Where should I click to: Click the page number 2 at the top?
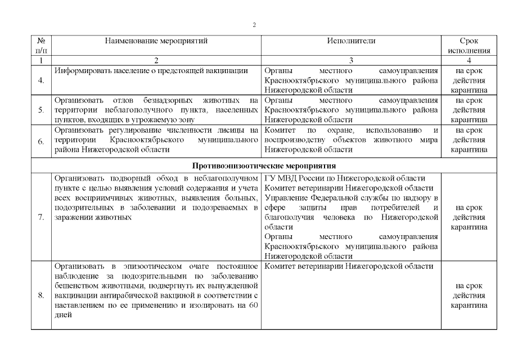click(x=254, y=25)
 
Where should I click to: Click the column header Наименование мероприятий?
click(x=156, y=41)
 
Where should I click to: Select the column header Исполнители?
click(x=351, y=41)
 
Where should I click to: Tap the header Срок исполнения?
click(x=469, y=46)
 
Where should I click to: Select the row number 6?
click(x=41, y=141)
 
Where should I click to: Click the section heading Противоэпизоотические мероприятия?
click(x=264, y=166)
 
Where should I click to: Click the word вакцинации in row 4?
click(x=228, y=71)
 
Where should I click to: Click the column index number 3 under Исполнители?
click(x=351, y=60)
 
